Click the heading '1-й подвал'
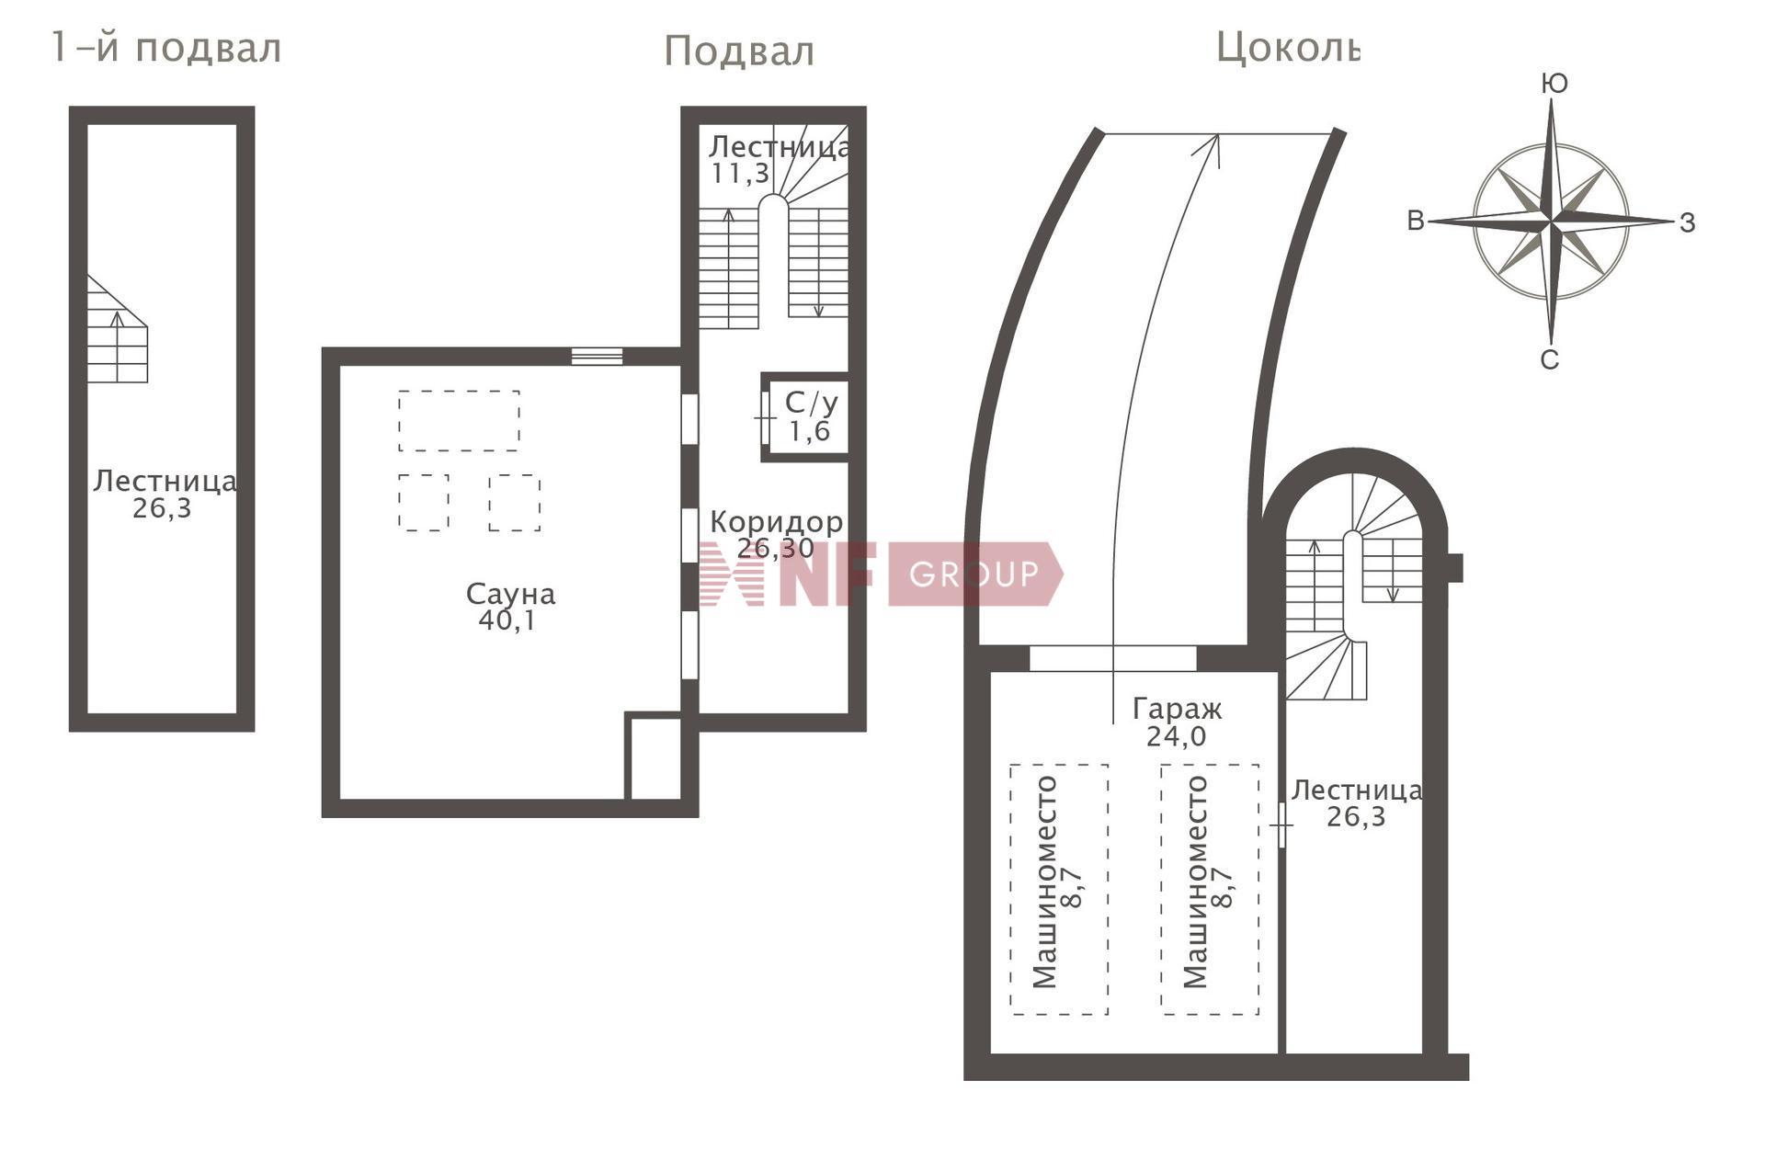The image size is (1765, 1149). tap(166, 48)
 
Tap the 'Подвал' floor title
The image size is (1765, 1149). tap(739, 52)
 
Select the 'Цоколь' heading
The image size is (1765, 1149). tap(1287, 47)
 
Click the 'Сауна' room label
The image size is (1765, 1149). tap(511, 595)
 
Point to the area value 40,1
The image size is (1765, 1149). tap(508, 621)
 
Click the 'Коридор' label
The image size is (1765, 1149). tap(777, 522)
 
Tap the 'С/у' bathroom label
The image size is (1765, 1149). tap(811, 403)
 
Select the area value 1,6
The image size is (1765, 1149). tap(810, 432)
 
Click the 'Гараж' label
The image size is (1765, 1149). tap(1178, 710)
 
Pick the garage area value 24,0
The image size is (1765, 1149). tap(1177, 737)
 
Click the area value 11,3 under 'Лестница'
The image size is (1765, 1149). tap(740, 174)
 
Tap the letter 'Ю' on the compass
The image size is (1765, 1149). tap(1554, 84)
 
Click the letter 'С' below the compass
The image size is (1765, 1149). tap(1550, 360)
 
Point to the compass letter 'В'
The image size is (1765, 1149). tap(1416, 222)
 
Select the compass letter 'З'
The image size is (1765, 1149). tap(1687, 223)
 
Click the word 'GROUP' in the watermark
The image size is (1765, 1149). tap(974, 574)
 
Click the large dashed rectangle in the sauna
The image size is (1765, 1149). tap(459, 421)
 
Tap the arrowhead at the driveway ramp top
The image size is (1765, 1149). tap(1213, 147)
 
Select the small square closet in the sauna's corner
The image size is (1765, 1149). tap(654, 757)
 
